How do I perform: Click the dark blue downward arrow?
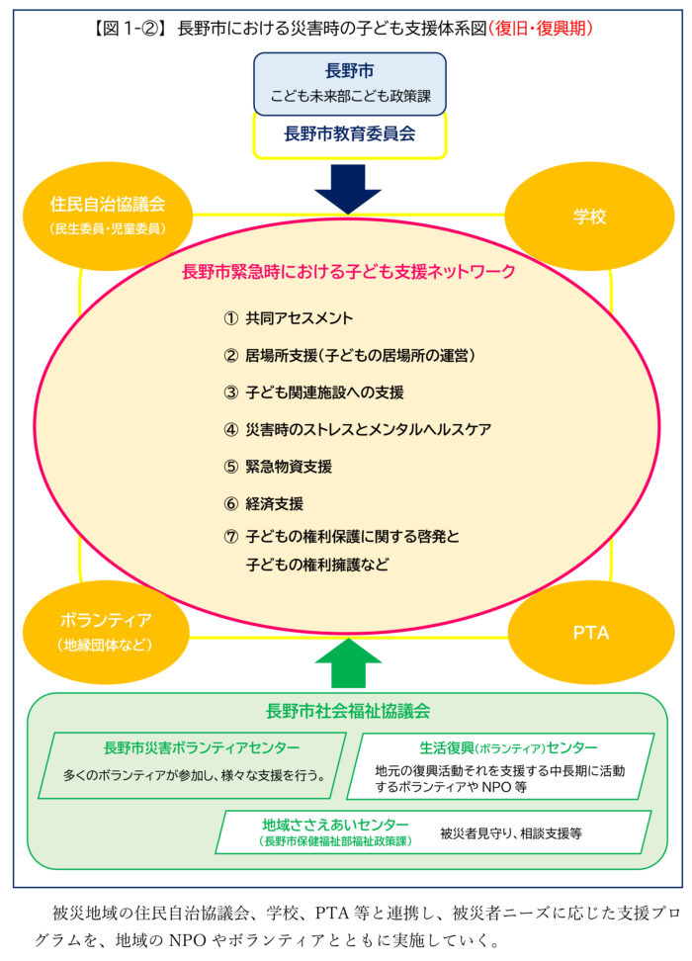[348, 188]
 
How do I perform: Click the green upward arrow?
[348, 663]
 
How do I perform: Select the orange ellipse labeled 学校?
[589, 217]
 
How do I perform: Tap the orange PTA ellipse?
[591, 633]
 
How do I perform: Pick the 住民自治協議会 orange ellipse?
[108, 216]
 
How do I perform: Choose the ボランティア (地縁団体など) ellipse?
[106, 632]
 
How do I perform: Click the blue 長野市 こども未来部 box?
[350, 84]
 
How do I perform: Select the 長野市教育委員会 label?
[350, 134]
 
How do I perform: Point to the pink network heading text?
[349, 272]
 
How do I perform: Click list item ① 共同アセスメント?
[288, 318]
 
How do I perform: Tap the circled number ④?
[230, 430]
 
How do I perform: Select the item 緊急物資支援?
[289, 467]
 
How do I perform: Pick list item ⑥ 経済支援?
[264, 504]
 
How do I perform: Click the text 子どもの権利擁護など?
[317, 564]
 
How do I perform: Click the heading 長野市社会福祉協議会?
[348, 711]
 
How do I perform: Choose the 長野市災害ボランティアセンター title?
[202, 747]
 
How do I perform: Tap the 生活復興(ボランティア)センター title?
[508, 747]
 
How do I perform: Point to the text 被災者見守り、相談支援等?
[510, 833]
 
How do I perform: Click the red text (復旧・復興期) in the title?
[541, 29]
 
